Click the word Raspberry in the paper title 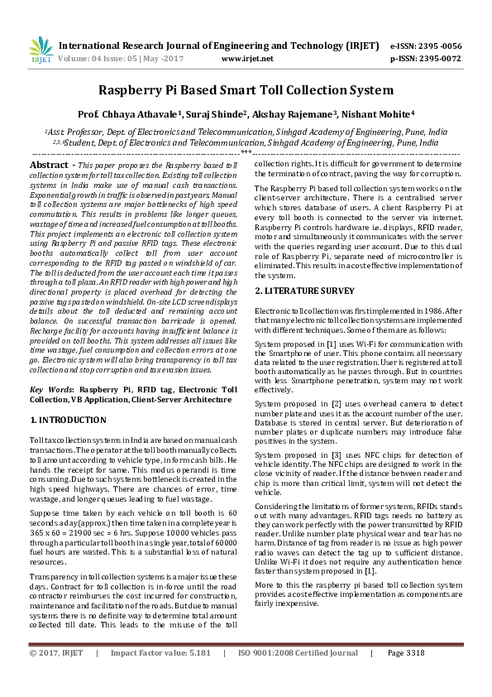[x=137, y=90]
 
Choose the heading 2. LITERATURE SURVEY [x=303, y=291]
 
